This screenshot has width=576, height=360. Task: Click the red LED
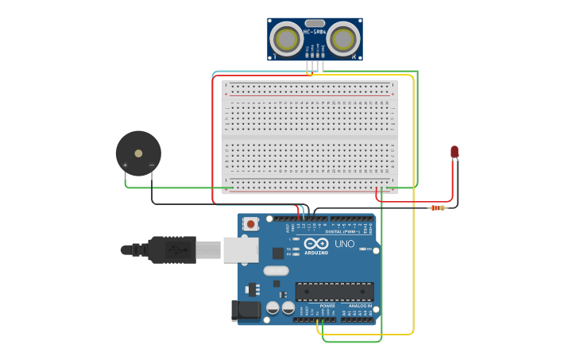[454, 151]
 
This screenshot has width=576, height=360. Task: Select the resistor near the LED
[437, 208]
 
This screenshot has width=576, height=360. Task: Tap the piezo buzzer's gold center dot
[138, 153]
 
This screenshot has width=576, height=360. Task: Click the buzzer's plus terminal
[125, 165]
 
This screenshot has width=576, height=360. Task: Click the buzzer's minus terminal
[152, 165]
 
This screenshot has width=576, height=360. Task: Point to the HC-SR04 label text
[315, 33]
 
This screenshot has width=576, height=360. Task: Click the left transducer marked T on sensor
[286, 38]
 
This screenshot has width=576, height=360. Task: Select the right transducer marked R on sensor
[343, 38]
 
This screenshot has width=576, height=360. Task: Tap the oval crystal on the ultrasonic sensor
[315, 23]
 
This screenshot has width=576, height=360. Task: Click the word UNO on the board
[345, 244]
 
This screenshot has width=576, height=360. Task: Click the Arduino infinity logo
[315, 243]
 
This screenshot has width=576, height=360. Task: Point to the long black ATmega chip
[334, 292]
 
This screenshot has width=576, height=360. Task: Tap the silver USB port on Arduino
[240, 250]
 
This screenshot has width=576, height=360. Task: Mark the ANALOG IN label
[360, 306]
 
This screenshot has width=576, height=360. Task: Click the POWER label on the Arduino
[327, 306]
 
